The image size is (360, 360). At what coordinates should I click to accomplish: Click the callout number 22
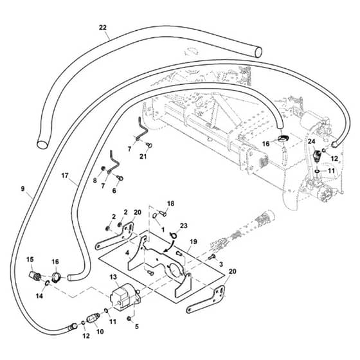tap(103, 28)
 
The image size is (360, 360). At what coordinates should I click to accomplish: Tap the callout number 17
tap(65, 175)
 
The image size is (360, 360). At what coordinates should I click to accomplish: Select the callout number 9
tap(22, 189)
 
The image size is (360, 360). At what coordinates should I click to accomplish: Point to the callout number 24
tap(312, 141)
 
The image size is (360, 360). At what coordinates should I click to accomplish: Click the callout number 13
tap(113, 277)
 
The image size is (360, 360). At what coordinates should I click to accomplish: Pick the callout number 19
tap(194, 242)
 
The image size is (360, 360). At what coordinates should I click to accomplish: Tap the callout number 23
tap(184, 226)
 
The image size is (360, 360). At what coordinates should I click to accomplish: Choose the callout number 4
tap(127, 253)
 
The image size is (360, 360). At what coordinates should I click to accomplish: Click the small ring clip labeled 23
tap(173, 235)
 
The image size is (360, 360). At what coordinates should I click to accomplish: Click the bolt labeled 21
tap(149, 145)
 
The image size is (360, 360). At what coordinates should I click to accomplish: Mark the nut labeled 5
tap(129, 319)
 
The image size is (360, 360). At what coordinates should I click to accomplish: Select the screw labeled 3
tap(212, 257)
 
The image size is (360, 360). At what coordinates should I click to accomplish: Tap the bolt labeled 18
tap(163, 213)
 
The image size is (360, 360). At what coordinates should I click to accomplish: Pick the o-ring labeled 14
tap(47, 283)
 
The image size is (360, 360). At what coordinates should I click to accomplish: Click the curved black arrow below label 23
tap(170, 248)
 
